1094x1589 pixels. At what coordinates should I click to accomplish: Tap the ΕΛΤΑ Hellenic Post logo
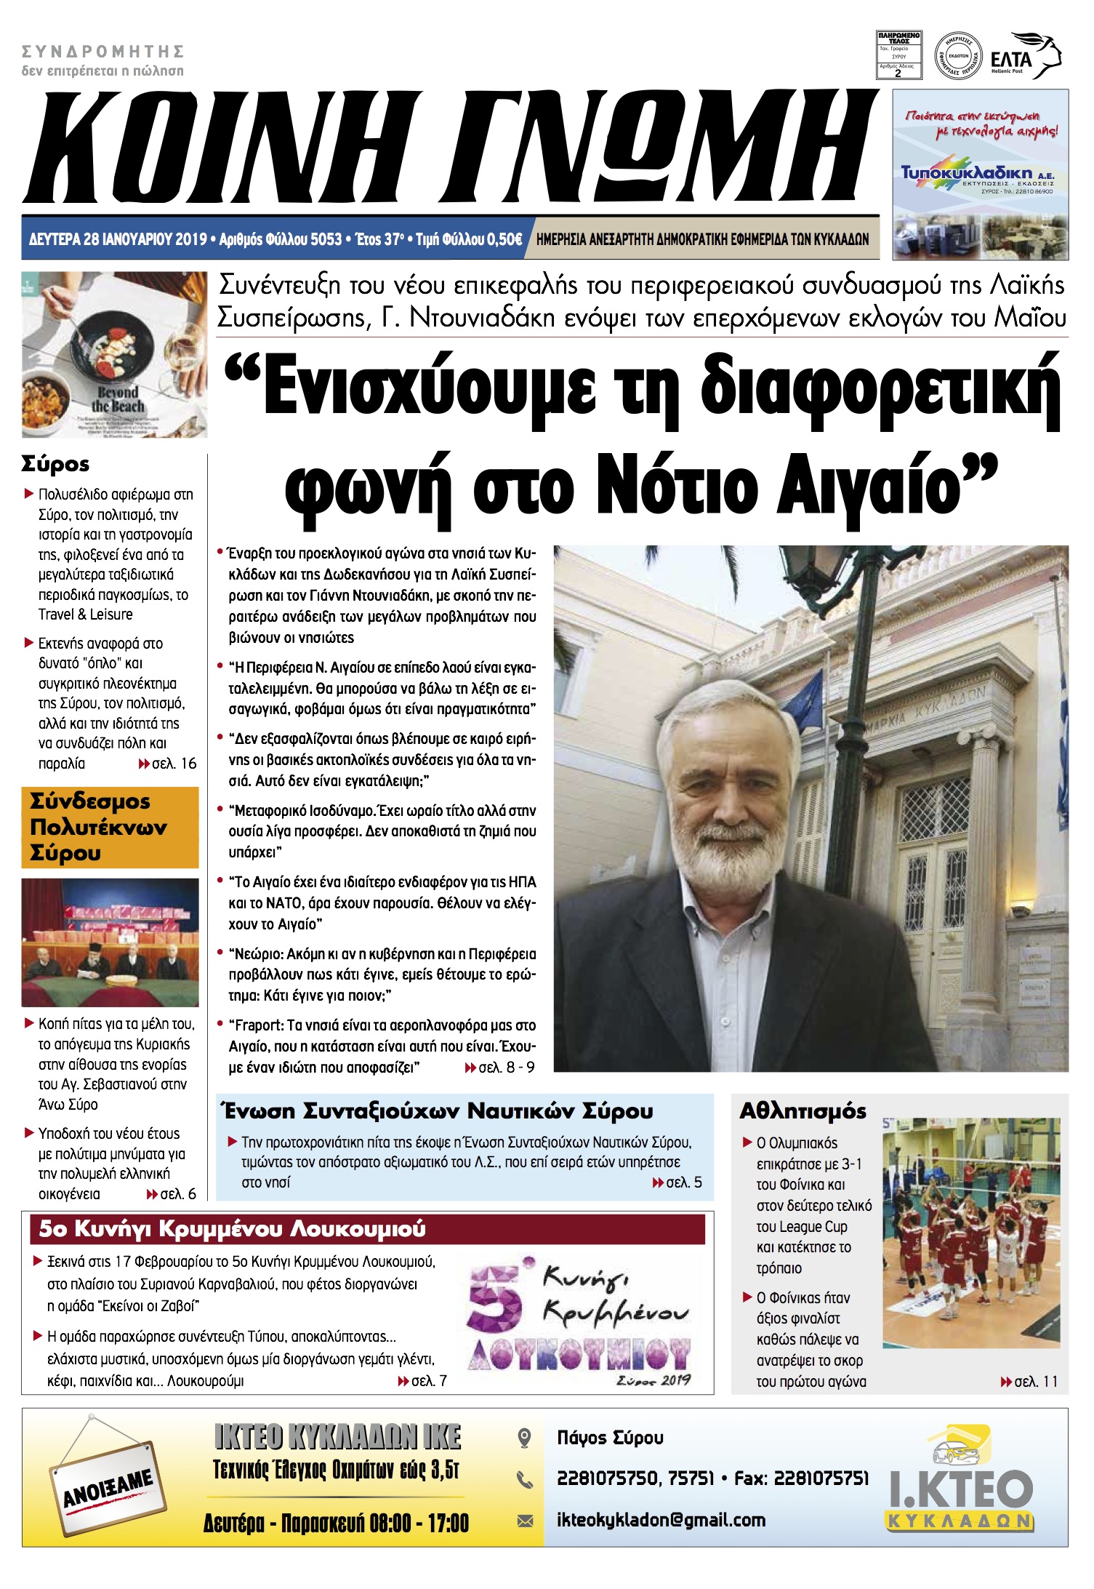click(x=1025, y=57)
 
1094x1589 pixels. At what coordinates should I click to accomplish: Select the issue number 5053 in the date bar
click(x=326, y=239)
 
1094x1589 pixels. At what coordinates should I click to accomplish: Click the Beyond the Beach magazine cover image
click(x=114, y=355)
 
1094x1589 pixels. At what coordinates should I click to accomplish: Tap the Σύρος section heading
click(x=55, y=463)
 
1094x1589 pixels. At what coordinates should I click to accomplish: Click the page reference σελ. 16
click(x=168, y=764)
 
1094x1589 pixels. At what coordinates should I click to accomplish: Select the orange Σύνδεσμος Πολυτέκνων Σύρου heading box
click(x=110, y=827)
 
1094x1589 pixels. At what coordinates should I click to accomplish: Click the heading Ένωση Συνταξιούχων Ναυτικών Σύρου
click(x=438, y=1111)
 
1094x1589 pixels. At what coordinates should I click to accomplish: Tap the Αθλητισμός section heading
click(x=803, y=1111)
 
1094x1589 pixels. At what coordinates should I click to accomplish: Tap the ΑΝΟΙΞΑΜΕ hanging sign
click(x=108, y=1485)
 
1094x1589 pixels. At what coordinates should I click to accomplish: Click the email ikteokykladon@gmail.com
click(x=661, y=1520)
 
